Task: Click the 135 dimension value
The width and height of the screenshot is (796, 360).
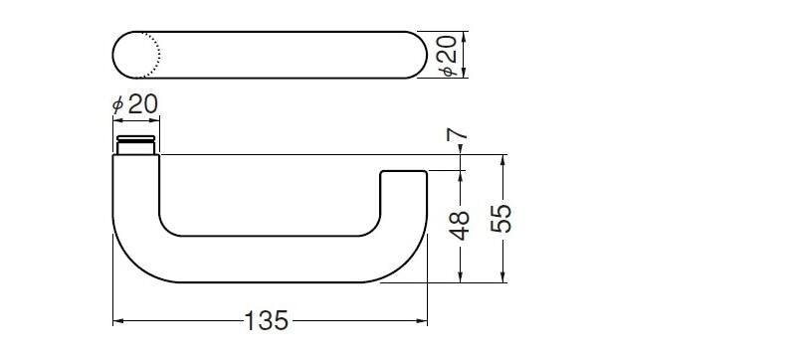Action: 267,320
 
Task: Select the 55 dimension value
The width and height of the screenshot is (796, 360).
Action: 501,219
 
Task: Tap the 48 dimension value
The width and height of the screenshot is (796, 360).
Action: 460,226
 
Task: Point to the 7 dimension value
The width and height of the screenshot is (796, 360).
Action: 458,134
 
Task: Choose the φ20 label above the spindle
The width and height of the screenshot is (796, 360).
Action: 135,104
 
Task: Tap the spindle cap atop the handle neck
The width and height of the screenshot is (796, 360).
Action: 135,138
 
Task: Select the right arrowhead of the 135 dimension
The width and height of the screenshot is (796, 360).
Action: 422,321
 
